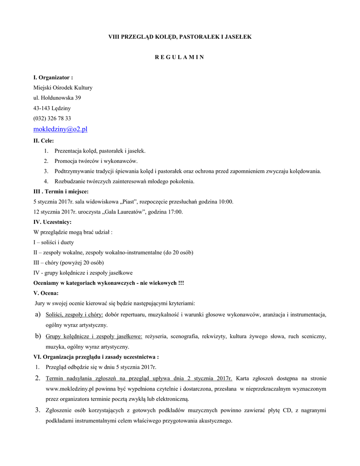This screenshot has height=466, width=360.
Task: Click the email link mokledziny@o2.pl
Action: click(60, 129)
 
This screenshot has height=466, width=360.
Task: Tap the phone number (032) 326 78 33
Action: click(52, 118)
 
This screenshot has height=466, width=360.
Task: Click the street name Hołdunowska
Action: click(58, 98)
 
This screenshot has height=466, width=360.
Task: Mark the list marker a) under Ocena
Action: click(37, 314)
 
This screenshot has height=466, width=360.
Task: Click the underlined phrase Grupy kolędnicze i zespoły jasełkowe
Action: click(94, 336)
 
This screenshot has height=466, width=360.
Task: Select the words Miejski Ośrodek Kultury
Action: click(63, 88)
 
